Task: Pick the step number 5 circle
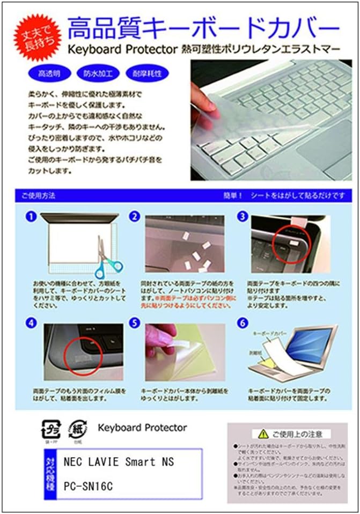pyautogui.click(x=135, y=324)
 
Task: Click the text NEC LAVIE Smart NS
pyautogui.click(x=119, y=461)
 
